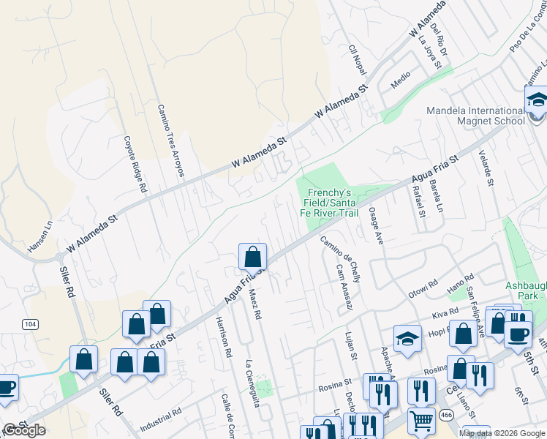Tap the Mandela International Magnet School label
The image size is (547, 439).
pos(476,116)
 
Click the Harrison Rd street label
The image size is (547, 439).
pos(223,337)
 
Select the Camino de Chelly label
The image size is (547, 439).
pos(340,260)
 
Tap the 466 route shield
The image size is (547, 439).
pos(445,415)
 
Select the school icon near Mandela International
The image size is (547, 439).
pos(537,100)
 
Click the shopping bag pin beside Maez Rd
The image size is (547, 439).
pos(252,256)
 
